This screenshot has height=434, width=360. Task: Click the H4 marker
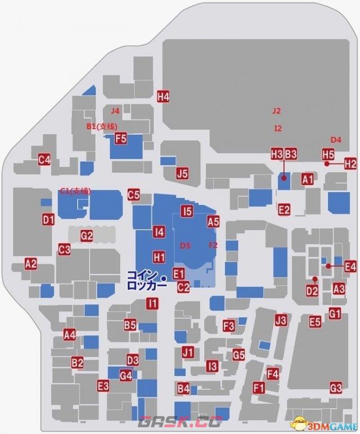click(x=163, y=96)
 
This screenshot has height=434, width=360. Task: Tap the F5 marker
click(x=120, y=138)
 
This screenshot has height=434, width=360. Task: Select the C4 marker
click(x=44, y=160)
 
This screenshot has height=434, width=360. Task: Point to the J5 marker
click(x=182, y=173)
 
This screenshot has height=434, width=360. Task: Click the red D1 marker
click(x=48, y=219)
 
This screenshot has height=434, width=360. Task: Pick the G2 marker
click(x=86, y=236)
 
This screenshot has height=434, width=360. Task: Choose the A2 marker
click(x=30, y=263)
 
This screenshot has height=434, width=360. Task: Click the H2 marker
click(x=350, y=164)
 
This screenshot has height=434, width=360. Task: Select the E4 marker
click(x=350, y=266)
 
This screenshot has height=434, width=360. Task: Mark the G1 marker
click(x=335, y=313)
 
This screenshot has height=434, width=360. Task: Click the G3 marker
click(x=336, y=387)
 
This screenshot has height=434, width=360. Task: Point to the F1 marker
click(x=259, y=387)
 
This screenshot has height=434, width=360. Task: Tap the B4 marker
click(x=183, y=388)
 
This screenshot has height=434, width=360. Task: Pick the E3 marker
click(x=103, y=386)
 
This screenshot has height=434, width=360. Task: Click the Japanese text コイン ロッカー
click(x=146, y=280)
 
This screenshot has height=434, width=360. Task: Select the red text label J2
click(x=276, y=111)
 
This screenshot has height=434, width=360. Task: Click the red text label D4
click(x=336, y=139)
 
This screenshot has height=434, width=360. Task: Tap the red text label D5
click(x=185, y=246)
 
